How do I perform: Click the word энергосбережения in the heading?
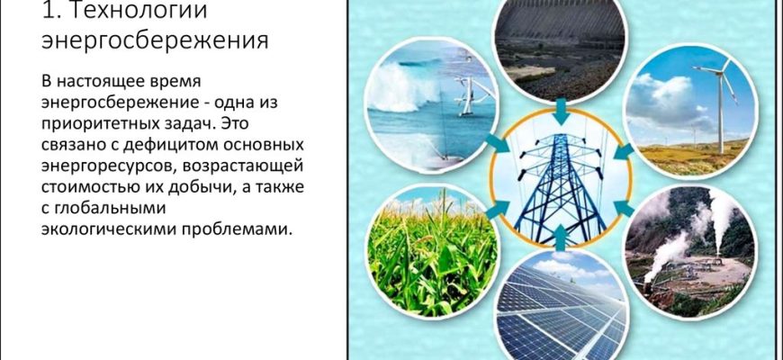click(155, 40)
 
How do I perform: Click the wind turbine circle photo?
click(690, 111)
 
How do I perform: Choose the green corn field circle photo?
click(432, 252)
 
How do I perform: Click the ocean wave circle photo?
click(432, 105)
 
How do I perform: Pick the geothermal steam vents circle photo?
click(690, 252)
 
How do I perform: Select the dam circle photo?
click(560, 48)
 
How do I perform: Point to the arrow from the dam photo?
click(562, 112)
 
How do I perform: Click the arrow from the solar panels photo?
click(561, 238)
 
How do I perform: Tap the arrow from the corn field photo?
click(497, 209)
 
